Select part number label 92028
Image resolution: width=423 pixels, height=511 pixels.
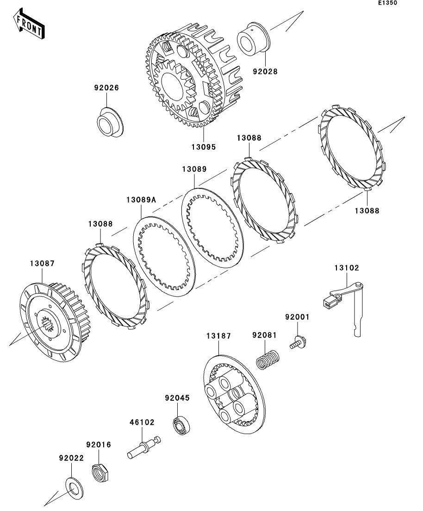(x=265, y=71)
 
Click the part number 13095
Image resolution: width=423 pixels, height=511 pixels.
(x=204, y=147)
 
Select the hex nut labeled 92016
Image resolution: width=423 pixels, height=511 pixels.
(x=100, y=473)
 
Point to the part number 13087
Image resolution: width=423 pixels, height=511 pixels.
(x=42, y=263)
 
